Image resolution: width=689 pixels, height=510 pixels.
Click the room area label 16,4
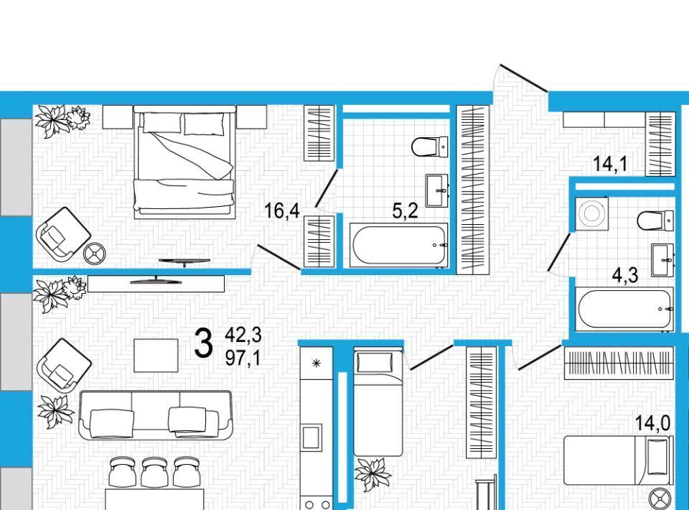[x=281, y=211]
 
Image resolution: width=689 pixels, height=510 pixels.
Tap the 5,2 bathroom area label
[x=405, y=211]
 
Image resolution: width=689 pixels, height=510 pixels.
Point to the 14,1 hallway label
[x=610, y=164]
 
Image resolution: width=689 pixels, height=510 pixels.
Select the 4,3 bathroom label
[x=625, y=276]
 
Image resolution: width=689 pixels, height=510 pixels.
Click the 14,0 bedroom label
[x=652, y=423]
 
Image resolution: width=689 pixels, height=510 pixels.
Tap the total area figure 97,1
[x=243, y=358]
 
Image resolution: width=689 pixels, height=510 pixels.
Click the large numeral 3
[x=203, y=344]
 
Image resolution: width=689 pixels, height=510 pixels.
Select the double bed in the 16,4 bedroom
[x=184, y=162]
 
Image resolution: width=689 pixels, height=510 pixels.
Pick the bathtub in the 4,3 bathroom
[x=624, y=308]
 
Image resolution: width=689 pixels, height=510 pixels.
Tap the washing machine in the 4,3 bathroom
[x=592, y=213]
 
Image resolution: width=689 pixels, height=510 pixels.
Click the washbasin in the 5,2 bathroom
[x=437, y=190]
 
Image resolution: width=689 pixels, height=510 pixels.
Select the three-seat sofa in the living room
[x=155, y=415]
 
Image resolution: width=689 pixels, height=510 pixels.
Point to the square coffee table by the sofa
[x=156, y=356]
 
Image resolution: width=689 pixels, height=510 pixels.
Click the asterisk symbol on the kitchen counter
[x=316, y=363]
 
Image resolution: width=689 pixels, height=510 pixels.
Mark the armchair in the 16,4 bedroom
[x=63, y=234]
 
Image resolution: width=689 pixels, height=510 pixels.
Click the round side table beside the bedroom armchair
[x=95, y=254]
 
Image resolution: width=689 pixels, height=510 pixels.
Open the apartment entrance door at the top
[x=524, y=79]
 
